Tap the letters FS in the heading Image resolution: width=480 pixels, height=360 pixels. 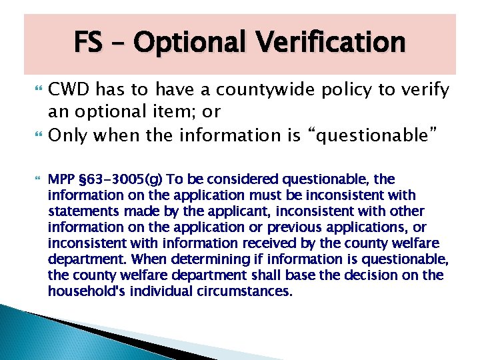point(88,43)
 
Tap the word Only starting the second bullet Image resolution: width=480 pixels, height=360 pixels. point(69,135)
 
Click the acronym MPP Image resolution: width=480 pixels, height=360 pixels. point(61,179)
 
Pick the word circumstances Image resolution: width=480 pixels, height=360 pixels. point(250,291)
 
